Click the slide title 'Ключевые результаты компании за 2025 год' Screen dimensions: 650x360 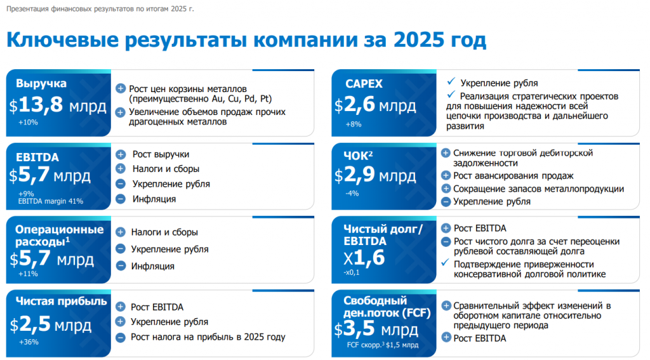246,40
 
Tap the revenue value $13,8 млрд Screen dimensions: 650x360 58,105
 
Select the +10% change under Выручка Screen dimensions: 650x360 28,123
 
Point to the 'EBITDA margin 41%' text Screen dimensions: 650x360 51,201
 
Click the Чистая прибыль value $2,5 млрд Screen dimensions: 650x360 51,324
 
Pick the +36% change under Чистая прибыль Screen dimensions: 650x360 29,342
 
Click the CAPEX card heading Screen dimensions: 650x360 364,84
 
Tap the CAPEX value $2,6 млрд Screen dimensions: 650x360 375,105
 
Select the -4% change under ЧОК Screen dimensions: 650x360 352,193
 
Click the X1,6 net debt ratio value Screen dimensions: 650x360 364,258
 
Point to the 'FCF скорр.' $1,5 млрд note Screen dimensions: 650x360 383,345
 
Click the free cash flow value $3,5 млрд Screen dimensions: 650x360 376,329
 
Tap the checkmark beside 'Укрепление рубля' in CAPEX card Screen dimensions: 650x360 451,81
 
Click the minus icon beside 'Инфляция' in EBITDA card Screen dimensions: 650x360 121,199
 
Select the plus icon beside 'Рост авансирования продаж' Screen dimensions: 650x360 446,175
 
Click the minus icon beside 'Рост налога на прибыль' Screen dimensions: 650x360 121,337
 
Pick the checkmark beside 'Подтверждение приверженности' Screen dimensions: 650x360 446,262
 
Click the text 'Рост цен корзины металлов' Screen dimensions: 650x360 188,89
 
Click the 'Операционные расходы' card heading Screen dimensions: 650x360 59,235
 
